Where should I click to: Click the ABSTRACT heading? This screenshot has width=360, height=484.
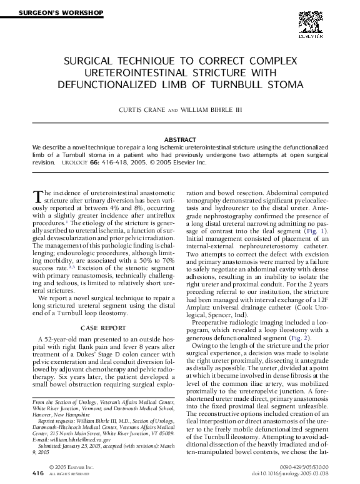pos(179,139)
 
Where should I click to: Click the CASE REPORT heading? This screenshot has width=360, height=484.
pos(99,327)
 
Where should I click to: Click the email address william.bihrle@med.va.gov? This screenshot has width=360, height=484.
pos(67,440)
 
